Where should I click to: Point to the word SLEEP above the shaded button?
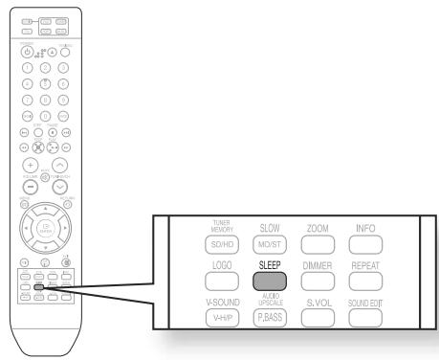tap(270, 261)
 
